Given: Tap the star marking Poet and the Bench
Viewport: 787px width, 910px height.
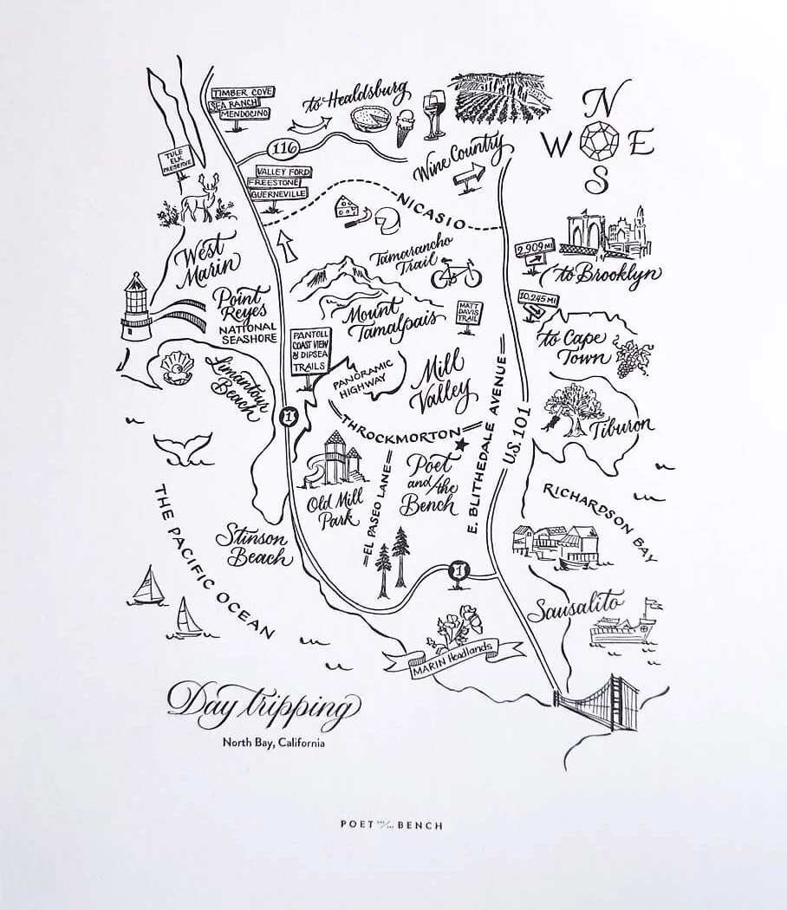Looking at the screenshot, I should click(461, 445).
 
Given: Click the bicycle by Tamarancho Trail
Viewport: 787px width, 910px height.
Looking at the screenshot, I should click(455, 274).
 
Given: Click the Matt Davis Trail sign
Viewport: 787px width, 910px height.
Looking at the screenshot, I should click(468, 312).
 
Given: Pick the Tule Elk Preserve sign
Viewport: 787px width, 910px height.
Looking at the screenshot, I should click(170, 162).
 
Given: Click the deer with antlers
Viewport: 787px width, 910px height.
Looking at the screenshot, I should click(200, 198).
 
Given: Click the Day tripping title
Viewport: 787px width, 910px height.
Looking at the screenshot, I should click(261, 703).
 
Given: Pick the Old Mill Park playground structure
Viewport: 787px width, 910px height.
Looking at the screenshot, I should click(334, 459).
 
